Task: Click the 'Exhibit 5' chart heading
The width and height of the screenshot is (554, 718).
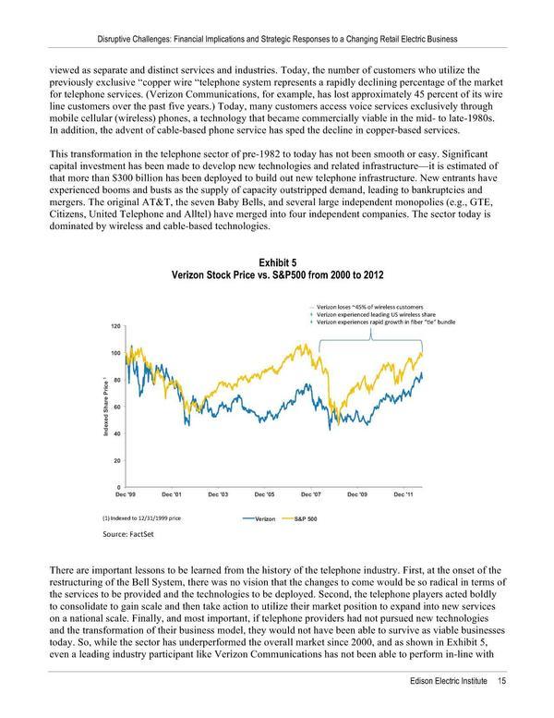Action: tap(277, 264)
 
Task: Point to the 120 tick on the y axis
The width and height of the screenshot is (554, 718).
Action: tap(114, 326)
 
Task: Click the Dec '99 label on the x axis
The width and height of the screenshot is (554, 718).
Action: tap(126, 494)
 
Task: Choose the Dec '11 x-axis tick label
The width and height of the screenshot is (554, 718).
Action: tap(404, 494)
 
